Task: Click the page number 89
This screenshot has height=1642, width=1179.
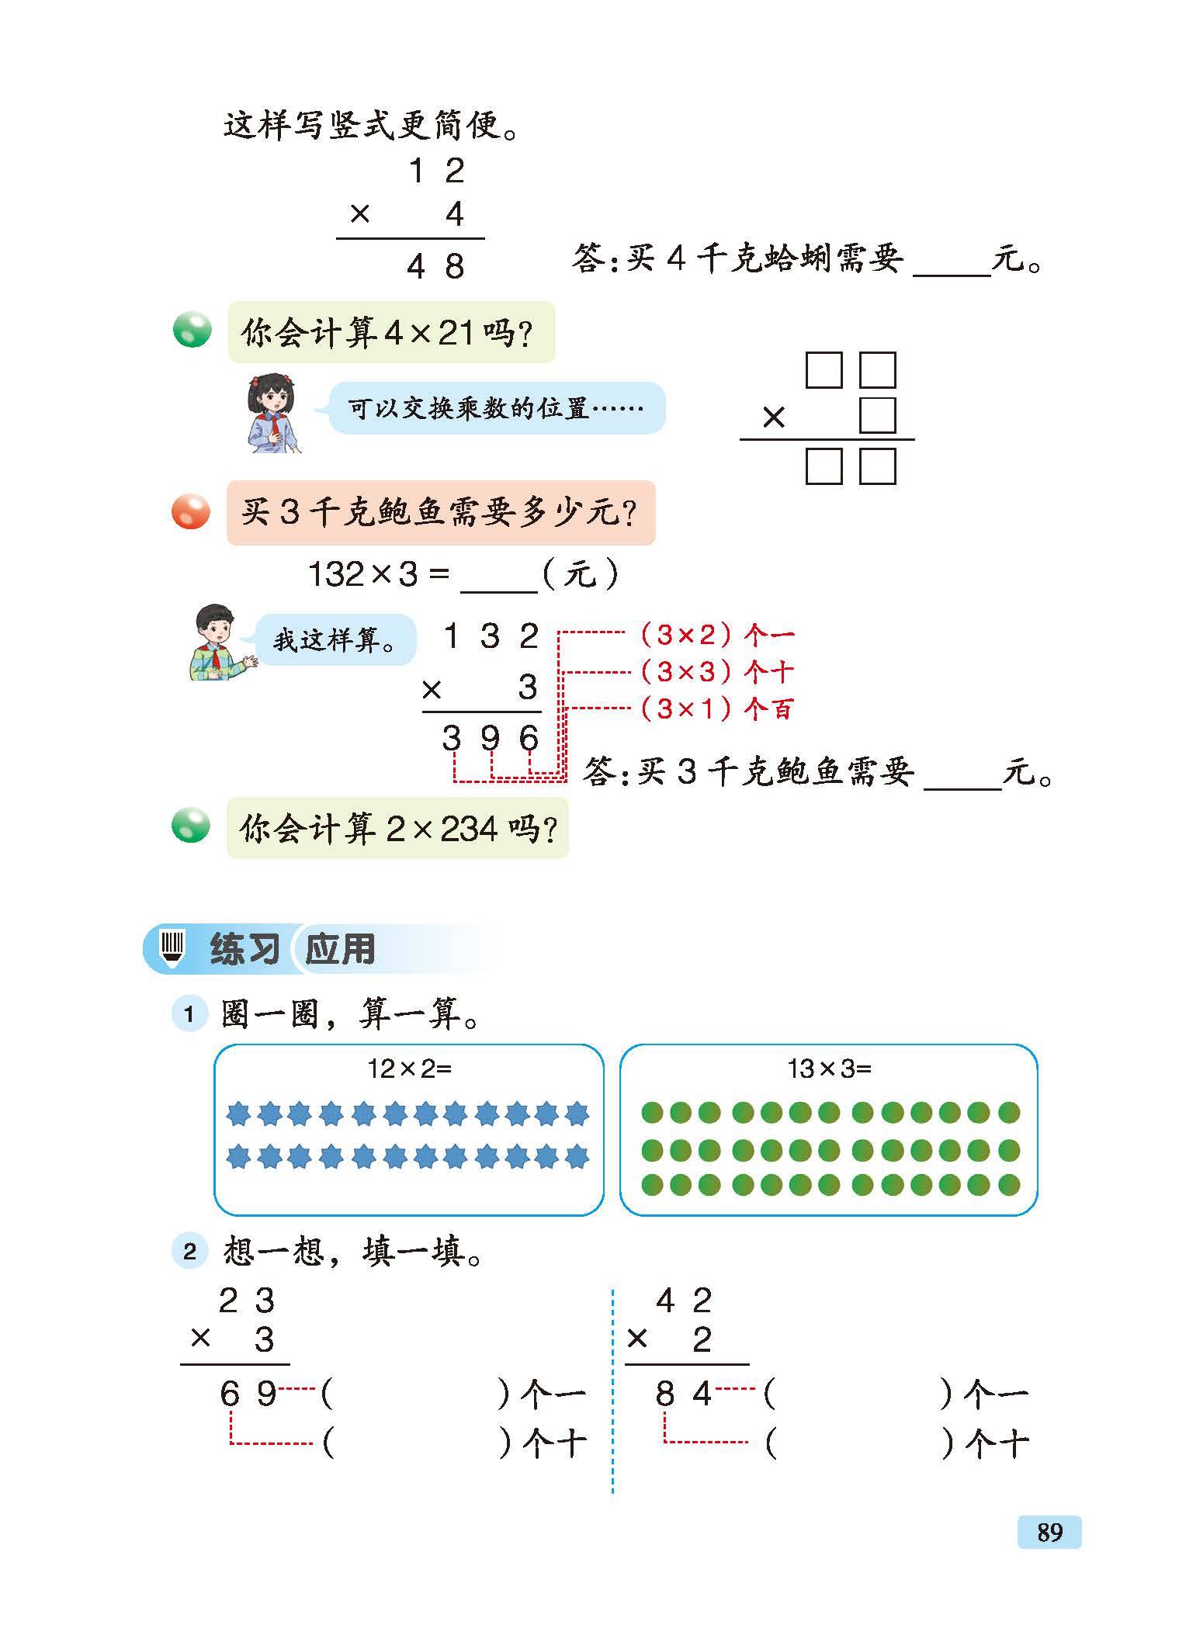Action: coord(1049,1533)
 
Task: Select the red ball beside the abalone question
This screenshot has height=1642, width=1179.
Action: coord(190,513)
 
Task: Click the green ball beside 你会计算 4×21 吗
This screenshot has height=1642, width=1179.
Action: coord(191,330)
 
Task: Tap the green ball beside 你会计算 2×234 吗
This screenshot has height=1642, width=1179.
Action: coord(191,825)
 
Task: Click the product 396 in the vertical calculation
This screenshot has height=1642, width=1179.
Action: coord(490,738)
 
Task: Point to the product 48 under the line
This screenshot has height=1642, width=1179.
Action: coord(435,267)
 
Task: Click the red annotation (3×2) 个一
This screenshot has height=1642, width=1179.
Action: coord(716,635)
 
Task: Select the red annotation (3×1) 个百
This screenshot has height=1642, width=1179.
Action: coord(716,708)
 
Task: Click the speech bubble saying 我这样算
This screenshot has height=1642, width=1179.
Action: coord(335,640)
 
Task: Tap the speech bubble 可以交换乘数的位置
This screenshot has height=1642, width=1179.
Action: coord(496,408)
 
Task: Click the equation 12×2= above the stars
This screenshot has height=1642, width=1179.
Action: coord(409,1069)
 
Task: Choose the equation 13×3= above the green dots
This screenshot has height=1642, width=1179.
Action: coord(829,1069)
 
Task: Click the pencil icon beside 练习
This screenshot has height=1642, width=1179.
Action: coord(172,947)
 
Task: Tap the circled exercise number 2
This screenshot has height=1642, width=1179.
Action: coord(189,1252)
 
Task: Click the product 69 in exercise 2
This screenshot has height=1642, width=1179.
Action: coord(248,1394)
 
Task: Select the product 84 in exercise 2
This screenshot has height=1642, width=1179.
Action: coord(683,1394)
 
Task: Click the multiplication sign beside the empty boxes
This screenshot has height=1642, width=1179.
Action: coord(774,418)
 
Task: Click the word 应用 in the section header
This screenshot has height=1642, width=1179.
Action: coord(340,949)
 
